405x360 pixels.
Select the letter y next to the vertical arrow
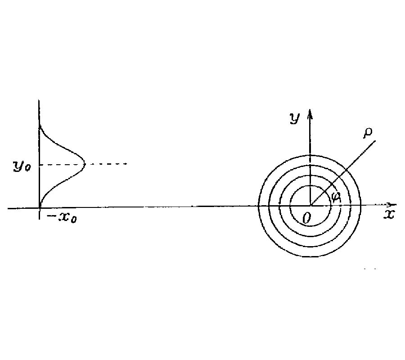click(295, 118)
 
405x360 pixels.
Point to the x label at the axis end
click(389, 215)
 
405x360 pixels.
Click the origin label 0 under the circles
click(306, 219)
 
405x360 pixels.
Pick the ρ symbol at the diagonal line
click(368, 132)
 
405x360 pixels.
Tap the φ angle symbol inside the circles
click(335, 196)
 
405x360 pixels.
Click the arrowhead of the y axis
click(310, 112)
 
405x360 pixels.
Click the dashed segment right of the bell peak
click(108, 164)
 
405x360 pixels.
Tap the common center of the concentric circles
click(310, 206)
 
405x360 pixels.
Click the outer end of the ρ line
click(375, 141)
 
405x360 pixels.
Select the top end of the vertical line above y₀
click(40, 100)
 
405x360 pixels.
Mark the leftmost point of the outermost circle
click(259, 206)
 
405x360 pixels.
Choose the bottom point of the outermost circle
click(310, 257)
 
